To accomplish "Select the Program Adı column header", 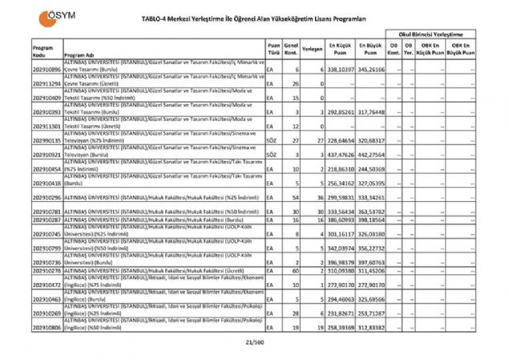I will (79, 56).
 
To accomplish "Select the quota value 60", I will (295, 272).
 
